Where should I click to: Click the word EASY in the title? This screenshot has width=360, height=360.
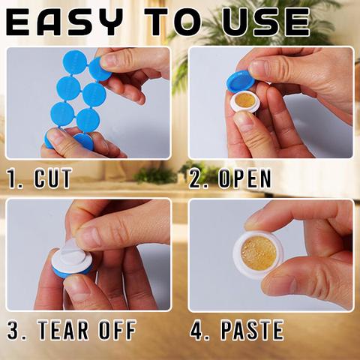click(64, 22)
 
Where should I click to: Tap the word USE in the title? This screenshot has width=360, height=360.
click(266, 22)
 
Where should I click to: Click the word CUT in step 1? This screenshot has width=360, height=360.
click(53, 178)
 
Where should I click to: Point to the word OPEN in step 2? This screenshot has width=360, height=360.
click(244, 178)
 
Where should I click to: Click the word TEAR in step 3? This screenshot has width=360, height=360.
click(64, 330)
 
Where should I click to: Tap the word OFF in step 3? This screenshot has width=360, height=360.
click(118, 330)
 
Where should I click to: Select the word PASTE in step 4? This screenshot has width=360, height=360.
click(252, 330)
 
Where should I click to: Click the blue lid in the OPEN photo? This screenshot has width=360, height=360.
click(241, 81)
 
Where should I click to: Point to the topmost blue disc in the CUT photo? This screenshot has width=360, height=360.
click(75, 62)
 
